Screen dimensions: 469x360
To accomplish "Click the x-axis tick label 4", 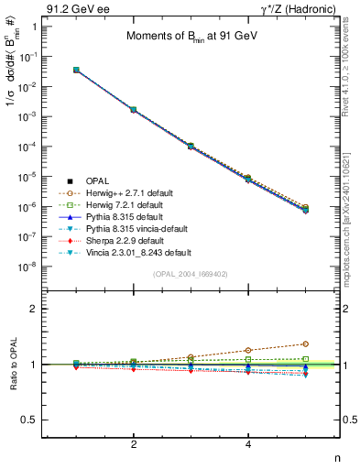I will click(248, 445).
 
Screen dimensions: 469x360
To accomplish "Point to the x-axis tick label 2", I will click(134, 445).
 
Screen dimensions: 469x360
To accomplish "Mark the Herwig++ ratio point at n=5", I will click(305, 344).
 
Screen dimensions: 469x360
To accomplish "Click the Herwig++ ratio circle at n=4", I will click(248, 350).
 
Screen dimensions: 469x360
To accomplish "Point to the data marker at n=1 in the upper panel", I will click(76, 70).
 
